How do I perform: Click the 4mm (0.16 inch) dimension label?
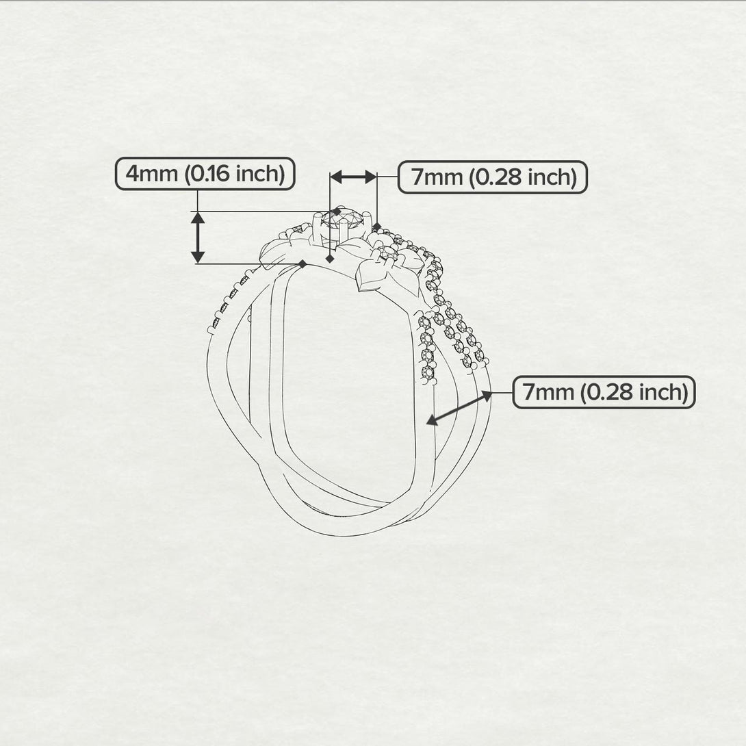tap(205, 174)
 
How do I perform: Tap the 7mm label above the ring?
tap(492, 177)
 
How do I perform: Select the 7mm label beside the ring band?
tap(604, 393)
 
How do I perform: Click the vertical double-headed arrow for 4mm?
tap(198, 237)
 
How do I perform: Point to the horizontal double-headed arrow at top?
tap(353, 177)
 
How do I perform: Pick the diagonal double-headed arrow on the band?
tap(459, 408)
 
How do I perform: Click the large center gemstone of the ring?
tap(342, 220)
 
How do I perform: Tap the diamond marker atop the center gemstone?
tap(337, 211)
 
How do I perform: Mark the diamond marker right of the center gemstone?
tap(377, 226)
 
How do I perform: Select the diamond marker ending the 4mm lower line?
tap(302, 264)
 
